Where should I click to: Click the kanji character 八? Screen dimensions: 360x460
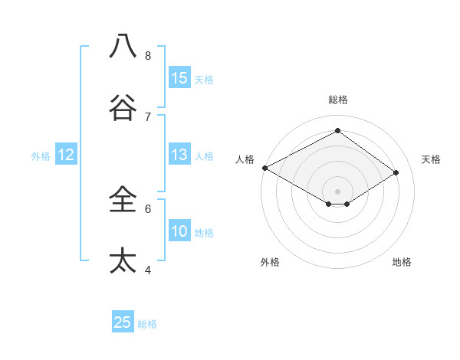123,47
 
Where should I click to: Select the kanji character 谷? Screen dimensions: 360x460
123,108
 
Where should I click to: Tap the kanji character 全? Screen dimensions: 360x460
123,200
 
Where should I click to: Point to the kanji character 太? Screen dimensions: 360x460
123,261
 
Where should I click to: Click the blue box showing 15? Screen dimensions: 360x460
179,78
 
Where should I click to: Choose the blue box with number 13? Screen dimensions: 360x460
179,155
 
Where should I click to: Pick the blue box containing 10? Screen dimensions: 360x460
179,231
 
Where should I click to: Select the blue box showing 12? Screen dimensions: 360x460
66,155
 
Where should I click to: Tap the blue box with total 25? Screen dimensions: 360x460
123,322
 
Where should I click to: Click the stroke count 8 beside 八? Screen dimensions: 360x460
148,55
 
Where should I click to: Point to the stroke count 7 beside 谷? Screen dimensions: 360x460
148,116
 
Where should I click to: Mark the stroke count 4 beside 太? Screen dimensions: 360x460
148,270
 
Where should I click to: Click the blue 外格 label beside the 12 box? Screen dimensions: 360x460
41,156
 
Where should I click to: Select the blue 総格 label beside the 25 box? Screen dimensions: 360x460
147,324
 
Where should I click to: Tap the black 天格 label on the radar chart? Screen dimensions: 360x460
431,159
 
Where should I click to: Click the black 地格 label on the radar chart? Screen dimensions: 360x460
402,263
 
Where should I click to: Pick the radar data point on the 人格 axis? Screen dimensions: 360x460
264,168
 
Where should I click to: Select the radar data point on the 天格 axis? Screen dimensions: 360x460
396,172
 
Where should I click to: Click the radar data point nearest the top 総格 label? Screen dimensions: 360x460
337,131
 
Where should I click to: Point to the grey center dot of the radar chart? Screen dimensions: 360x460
337,191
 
